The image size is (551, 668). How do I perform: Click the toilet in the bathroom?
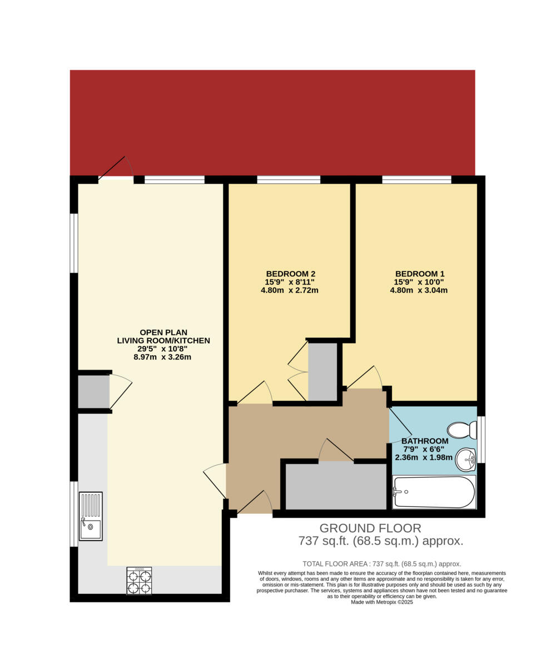pos(462,430)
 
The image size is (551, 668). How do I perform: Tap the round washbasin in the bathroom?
pos(465,460)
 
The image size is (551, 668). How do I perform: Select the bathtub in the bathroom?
pos(434,492)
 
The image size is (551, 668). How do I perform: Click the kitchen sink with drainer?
pos(91,516)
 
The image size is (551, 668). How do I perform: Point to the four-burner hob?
pos(139,581)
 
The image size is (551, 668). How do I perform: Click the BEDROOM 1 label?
pos(419,274)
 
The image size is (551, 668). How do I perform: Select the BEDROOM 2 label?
pos(290,274)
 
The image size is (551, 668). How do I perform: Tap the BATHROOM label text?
pos(425,441)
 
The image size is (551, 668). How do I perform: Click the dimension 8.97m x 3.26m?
pos(162,357)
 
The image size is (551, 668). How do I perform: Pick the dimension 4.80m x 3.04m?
pos(419,290)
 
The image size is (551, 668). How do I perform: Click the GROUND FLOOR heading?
pos(370,528)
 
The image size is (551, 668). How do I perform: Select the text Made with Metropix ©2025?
pos(381,602)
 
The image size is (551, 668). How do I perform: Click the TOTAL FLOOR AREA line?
pos(381,563)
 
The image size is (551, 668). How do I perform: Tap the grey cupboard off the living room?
pos(93,392)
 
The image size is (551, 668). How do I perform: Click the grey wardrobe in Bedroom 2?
pos(322,371)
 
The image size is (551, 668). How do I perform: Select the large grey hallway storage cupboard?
pos(336,486)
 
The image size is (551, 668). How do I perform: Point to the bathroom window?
pos(481,439)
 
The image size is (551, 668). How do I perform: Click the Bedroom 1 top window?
pos(416,179)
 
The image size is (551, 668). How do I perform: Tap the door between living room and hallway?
pos(216,480)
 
